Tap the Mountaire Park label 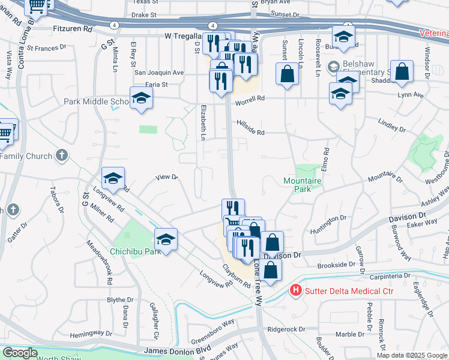pyautogui.click(x=303, y=185)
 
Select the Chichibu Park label pyautogui.click(x=135, y=251)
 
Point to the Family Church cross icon pyautogui.click(x=61, y=156)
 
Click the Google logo pyautogui.click(x=19, y=353)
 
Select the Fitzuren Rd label pyautogui.click(x=72, y=28)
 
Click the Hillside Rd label pyautogui.click(x=251, y=133)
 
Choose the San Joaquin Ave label pyautogui.click(x=158, y=72)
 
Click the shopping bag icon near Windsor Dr pyautogui.click(x=402, y=71)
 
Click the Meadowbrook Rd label pyautogui.click(x=100, y=260)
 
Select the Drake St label pyautogui.click(x=143, y=14)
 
